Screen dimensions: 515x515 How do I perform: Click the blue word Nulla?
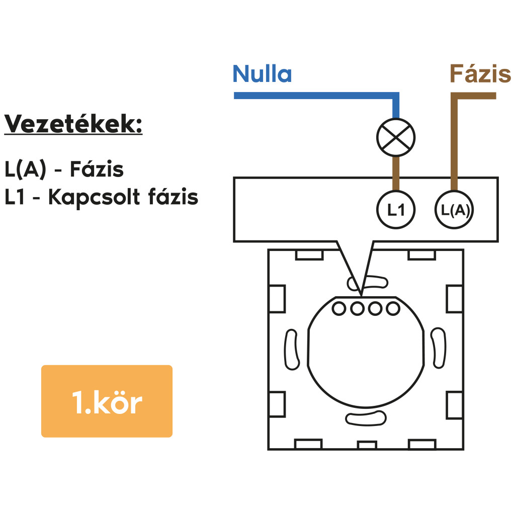[x=262, y=74]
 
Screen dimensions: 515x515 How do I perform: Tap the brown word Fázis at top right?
[x=480, y=74]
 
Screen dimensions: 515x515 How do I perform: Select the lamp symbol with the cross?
[x=396, y=136]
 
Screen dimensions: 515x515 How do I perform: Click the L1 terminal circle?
[x=396, y=211]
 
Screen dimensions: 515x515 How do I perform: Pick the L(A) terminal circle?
[x=455, y=211]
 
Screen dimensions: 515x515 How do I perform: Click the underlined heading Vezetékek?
[x=73, y=124]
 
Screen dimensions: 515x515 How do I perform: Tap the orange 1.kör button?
[x=107, y=401]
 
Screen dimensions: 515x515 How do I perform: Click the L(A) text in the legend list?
[x=25, y=170]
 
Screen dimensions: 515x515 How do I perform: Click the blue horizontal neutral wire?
[x=312, y=96]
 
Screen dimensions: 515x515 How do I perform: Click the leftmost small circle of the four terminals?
[x=340, y=308]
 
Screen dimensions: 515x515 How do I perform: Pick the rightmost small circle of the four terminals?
[x=392, y=308]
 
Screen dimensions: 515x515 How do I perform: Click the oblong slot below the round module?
[x=366, y=417]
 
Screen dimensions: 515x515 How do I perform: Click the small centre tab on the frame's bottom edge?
[x=367, y=445]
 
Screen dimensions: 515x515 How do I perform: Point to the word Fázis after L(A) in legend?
[x=97, y=170]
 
